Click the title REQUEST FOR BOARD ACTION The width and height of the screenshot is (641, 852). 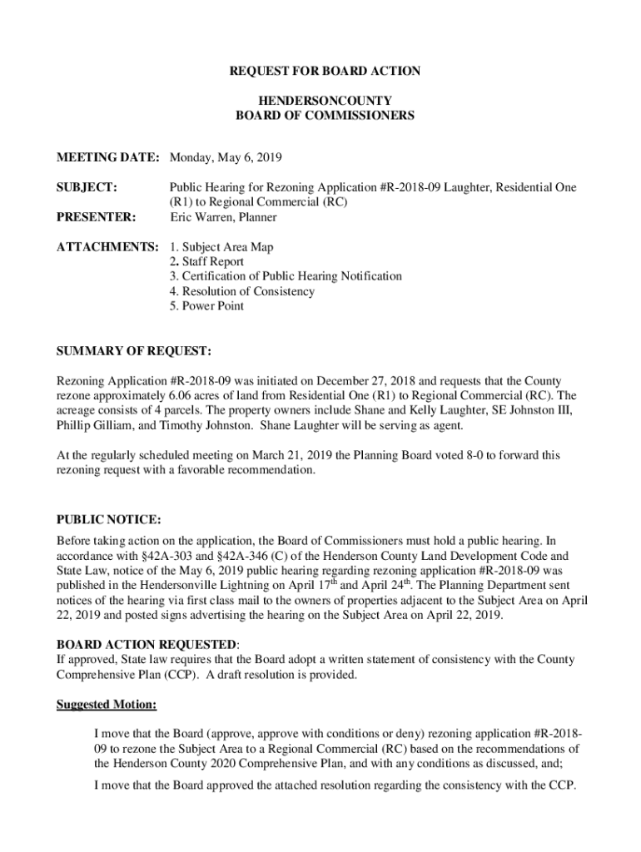tap(325, 72)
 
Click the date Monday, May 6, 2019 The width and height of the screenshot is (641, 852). tap(226, 157)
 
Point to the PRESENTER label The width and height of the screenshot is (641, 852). tap(96, 217)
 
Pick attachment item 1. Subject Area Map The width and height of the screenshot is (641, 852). tap(221, 247)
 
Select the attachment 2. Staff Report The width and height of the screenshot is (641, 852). tap(206, 261)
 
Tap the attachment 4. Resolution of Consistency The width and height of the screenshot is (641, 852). tap(241, 291)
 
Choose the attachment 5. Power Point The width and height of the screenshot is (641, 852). tap(206, 306)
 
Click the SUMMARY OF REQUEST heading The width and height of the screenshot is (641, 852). tap(133, 350)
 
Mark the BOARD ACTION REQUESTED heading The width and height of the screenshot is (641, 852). tap(147, 645)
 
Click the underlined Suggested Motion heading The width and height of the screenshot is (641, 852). tap(106, 705)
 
